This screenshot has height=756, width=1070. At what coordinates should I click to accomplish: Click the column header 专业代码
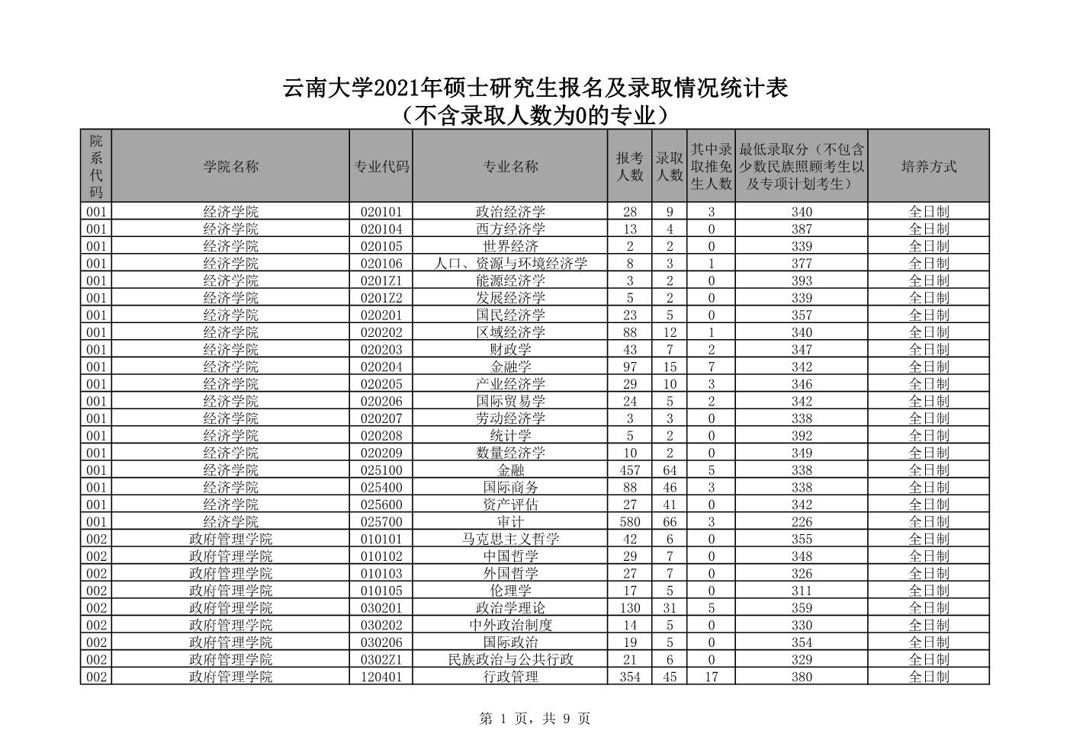pos(381,166)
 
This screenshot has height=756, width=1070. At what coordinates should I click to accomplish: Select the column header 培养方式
pos(928,166)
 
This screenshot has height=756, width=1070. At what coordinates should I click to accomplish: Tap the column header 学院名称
pos(230,166)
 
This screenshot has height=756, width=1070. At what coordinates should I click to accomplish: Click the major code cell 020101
pos(381,212)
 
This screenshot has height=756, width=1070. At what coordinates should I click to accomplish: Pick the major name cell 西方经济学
pos(510,229)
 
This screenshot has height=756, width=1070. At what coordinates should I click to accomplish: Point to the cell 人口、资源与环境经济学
pos(510,264)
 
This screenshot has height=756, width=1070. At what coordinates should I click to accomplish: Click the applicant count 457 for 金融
pos(629,470)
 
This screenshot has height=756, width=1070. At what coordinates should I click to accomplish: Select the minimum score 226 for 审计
pos(802,522)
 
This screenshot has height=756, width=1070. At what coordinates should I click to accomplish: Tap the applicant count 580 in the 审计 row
pos(629,522)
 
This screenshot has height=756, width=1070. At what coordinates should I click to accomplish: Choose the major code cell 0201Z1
pos(381,280)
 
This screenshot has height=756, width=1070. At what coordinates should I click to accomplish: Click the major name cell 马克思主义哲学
pos(510,539)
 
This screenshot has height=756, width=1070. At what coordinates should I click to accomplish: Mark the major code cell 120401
pos(381,677)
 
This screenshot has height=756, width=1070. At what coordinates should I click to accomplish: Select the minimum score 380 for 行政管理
pos(802,677)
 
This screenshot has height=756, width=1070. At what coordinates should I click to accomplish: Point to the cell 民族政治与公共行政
pos(510,659)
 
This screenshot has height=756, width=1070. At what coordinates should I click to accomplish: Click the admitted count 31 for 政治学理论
pos(670,608)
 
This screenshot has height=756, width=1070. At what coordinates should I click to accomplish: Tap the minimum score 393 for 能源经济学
pos(802,280)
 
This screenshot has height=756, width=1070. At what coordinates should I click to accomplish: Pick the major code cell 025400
pos(381,487)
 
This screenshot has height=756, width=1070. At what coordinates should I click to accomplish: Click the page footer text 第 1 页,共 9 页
pos(535,718)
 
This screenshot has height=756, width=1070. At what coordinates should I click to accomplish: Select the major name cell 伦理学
pos(510,591)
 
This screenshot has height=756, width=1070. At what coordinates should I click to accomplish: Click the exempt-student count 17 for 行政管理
pos(711,677)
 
